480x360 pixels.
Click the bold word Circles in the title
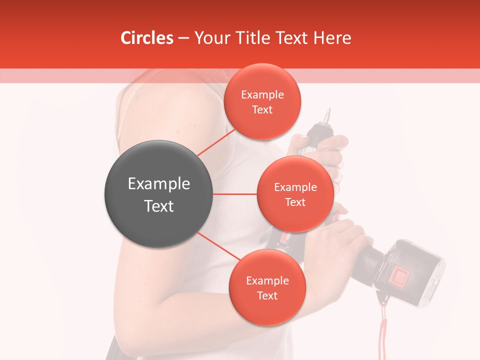tap(146, 38)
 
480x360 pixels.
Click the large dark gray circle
tap(158, 194)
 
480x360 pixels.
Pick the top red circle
tap(262, 102)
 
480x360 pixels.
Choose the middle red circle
tap(295, 194)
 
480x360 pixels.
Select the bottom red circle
tap(267, 288)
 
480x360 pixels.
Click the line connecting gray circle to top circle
tap(216, 142)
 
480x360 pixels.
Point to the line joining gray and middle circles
tap(234, 194)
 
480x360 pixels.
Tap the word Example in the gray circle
tap(158, 183)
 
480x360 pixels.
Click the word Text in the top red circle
tap(262, 109)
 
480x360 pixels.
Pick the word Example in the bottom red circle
tap(267, 280)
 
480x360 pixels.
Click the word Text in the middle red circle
tap(295, 202)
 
